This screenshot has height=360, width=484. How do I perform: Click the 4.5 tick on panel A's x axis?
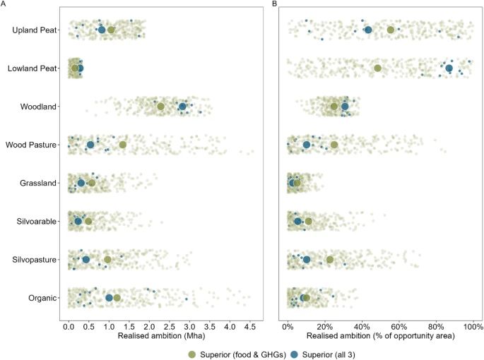point(249,327)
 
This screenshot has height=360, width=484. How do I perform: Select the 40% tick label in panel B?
point(362,327)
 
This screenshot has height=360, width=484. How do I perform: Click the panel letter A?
point(4,4)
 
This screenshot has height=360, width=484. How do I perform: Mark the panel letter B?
point(276,4)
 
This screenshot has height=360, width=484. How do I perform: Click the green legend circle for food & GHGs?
point(191,353)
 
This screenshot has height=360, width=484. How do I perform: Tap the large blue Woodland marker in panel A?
point(183,107)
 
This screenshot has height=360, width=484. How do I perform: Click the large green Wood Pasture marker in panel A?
point(123,145)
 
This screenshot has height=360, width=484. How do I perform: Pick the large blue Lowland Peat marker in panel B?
point(449,68)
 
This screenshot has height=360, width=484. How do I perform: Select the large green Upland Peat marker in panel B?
point(391,30)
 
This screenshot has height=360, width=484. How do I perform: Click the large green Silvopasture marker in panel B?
point(330,260)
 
